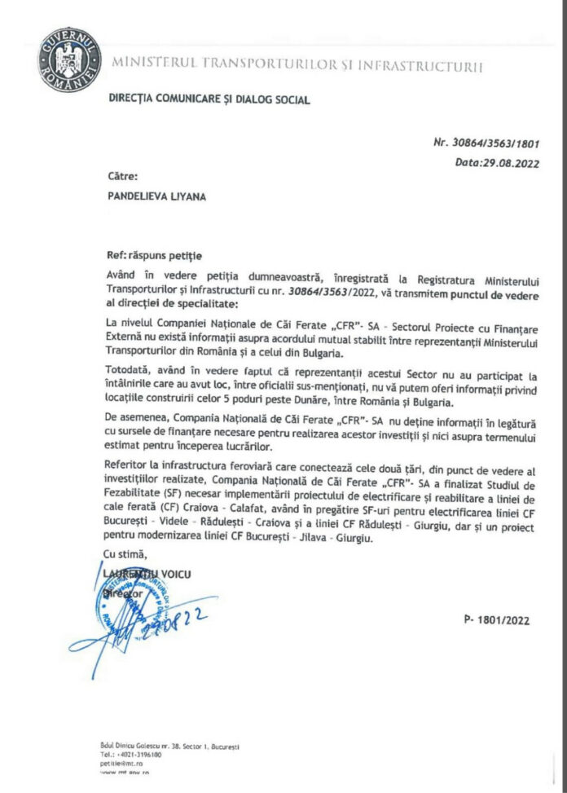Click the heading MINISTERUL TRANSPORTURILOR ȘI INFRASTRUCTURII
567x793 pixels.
(x=297, y=64)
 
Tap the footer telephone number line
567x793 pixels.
(x=135, y=755)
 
